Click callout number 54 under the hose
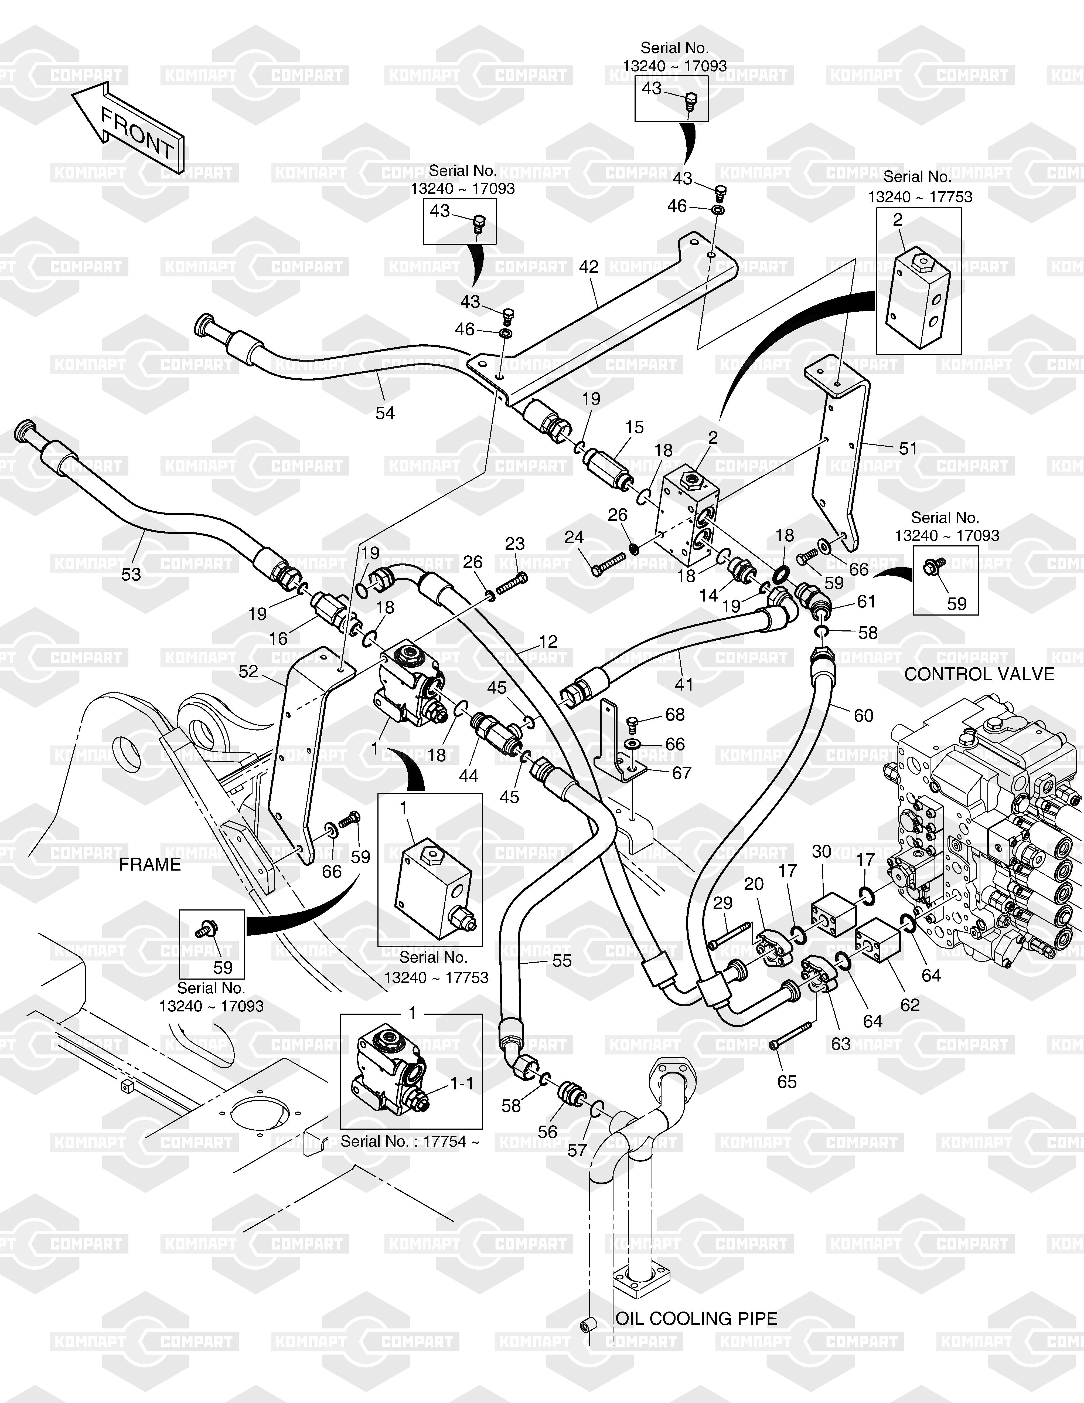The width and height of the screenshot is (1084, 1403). tap(385, 413)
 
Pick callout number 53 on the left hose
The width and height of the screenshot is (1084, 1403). tap(131, 574)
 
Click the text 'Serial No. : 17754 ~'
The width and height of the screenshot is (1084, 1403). tap(410, 1142)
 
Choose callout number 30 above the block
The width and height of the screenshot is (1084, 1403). tap(822, 852)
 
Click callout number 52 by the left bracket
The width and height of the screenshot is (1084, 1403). tap(248, 671)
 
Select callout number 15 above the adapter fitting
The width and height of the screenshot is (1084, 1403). tap(634, 427)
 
